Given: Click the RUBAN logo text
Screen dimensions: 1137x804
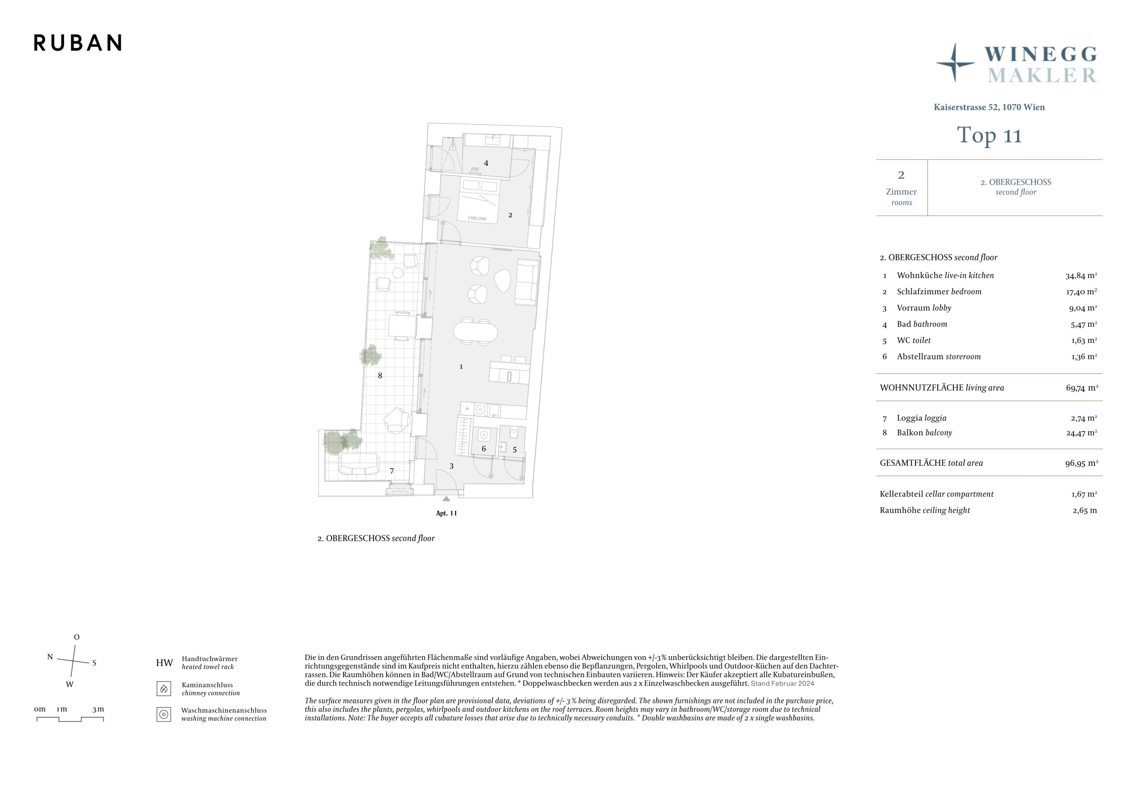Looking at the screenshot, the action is pyautogui.click(x=78, y=43).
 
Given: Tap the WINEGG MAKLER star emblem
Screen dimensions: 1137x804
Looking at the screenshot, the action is pyautogui.click(x=955, y=63).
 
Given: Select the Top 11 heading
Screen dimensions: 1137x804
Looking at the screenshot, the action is pyautogui.click(x=989, y=135).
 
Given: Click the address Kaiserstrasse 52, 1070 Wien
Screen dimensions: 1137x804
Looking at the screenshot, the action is pyautogui.click(x=989, y=107).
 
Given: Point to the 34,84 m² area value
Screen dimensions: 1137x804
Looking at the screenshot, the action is pyautogui.click(x=1081, y=276).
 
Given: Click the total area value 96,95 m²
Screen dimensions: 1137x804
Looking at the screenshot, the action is pyautogui.click(x=1082, y=463).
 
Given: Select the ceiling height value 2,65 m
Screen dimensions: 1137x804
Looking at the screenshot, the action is pyautogui.click(x=1084, y=510).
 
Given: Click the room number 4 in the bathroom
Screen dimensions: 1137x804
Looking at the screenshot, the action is pyautogui.click(x=486, y=163).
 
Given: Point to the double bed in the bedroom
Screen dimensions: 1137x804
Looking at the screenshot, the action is pyautogui.click(x=478, y=201).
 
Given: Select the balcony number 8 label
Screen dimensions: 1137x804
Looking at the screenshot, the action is pyautogui.click(x=380, y=376).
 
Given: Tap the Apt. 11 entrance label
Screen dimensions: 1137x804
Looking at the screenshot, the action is pyautogui.click(x=446, y=513).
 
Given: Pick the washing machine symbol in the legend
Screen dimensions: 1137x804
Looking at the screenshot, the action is pyautogui.click(x=164, y=714).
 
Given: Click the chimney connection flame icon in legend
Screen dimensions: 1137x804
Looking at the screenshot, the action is pyautogui.click(x=164, y=689).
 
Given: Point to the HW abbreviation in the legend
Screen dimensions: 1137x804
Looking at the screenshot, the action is pyautogui.click(x=164, y=663).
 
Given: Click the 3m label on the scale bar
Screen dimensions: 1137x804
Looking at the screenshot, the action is pyautogui.click(x=98, y=709).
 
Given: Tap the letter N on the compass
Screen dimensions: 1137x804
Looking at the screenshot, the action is pyautogui.click(x=50, y=657).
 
